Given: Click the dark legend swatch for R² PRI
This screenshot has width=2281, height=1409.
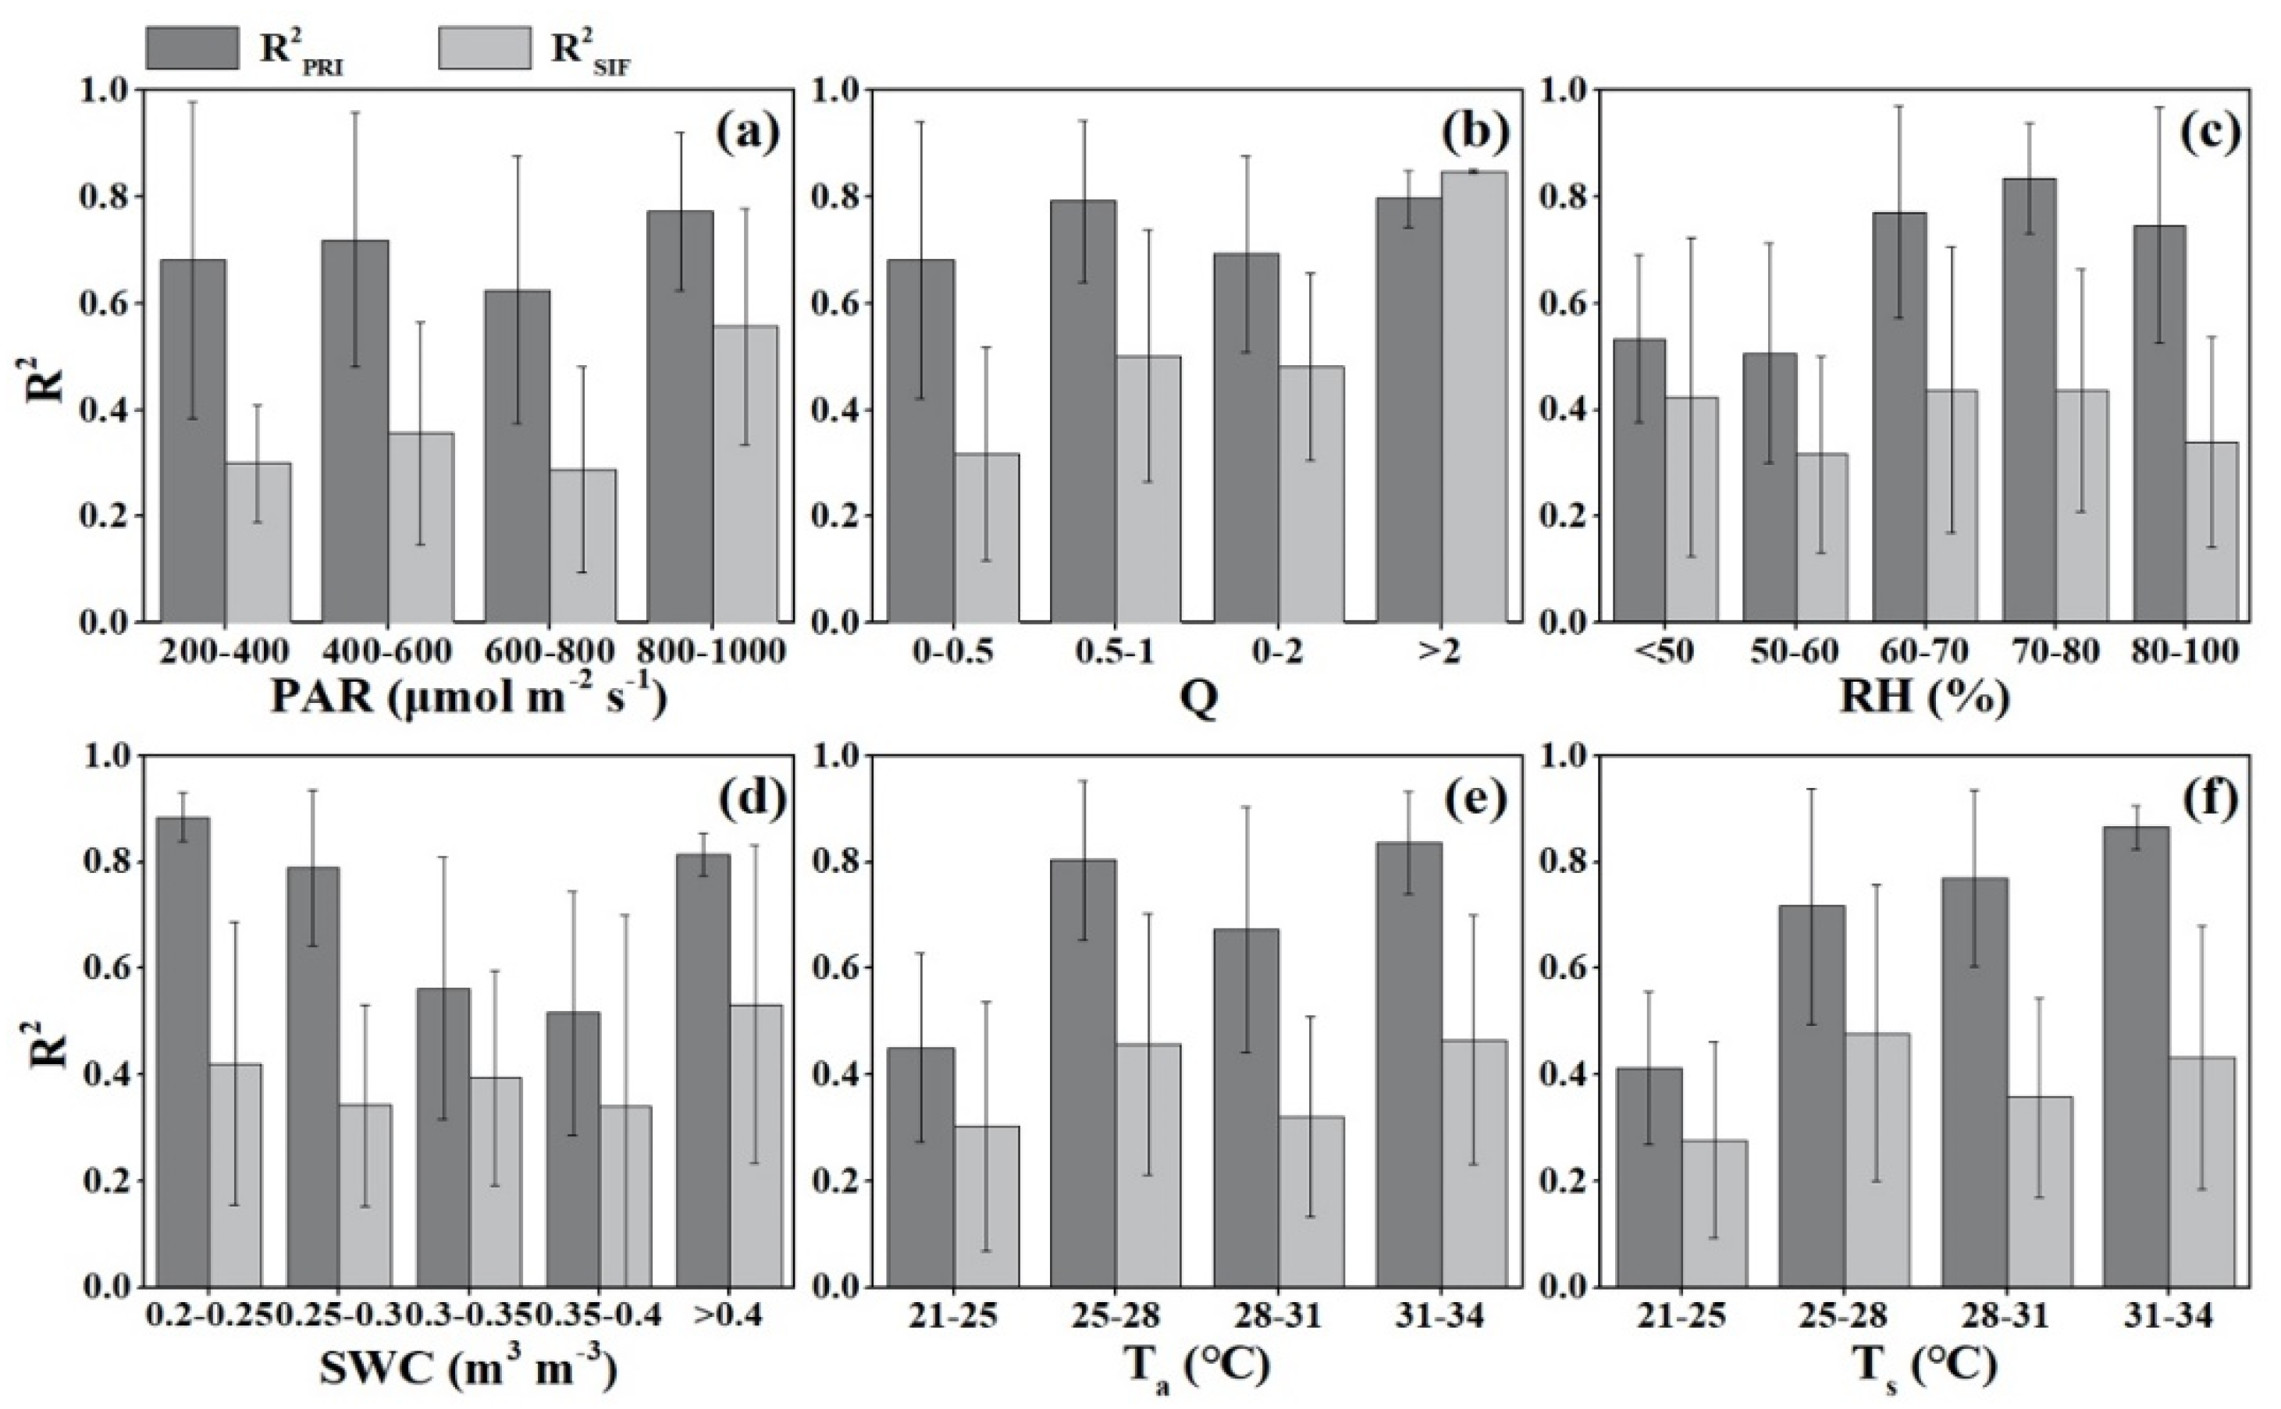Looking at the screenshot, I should pos(191,47).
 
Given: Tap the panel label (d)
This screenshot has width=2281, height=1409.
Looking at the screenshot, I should pos(746,800).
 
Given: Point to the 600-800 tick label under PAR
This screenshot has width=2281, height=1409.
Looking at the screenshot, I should pos(550,651).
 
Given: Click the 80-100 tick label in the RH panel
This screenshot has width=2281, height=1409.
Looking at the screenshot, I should pos(2185,651).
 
